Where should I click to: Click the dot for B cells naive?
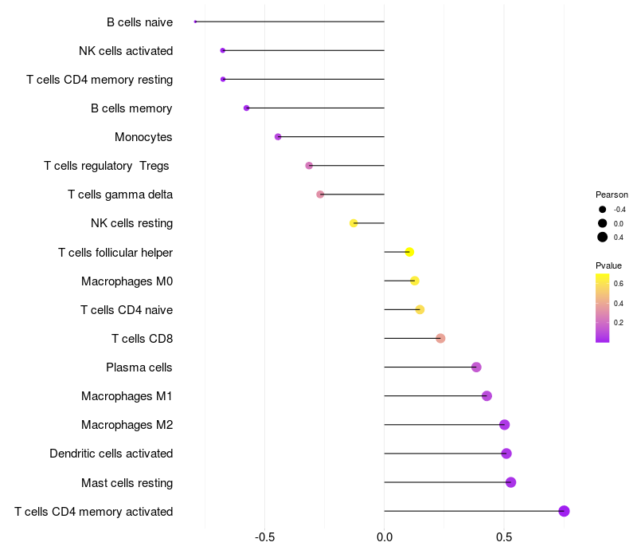point(195,22)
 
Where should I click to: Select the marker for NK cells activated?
point(223,50)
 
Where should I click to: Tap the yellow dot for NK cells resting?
point(354,223)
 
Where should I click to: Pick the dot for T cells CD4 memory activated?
point(564,511)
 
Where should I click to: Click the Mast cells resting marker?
point(510,482)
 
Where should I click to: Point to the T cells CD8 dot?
point(440,338)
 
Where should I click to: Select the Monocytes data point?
point(278,137)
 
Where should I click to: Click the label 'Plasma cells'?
point(139,367)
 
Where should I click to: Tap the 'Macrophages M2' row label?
point(127,425)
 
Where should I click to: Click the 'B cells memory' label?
point(131,108)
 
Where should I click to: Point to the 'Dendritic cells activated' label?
point(111,454)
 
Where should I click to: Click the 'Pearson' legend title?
point(612,195)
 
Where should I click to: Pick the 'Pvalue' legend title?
point(608,265)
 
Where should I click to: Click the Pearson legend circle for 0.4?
point(603,237)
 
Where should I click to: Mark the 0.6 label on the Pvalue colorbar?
point(619,283)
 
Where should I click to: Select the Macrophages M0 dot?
point(414,281)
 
